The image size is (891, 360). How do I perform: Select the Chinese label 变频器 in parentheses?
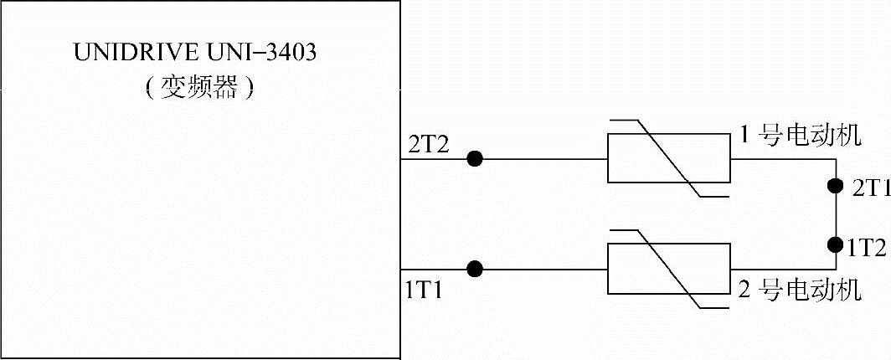click(x=198, y=87)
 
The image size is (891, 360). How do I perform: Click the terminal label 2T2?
click(x=429, y=143)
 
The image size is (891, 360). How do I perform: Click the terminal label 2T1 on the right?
click(x=870, y=189)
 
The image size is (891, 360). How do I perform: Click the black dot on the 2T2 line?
click(x=475, y=159)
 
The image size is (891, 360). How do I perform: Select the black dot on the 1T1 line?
click(x=475, y=269)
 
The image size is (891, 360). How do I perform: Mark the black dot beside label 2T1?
click(x=834, y=185)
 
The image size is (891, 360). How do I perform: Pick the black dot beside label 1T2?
click(x=834, y=245)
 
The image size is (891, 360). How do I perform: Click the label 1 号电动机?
click(x=800, y=136)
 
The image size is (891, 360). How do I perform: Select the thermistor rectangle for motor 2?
click(x=668, y=269)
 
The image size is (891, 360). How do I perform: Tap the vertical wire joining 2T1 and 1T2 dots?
click(x=834, y=215)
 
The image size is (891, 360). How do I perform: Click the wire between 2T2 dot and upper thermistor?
click(x=544, y=159)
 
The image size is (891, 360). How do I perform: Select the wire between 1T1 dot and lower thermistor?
click(x=544, y=269)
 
